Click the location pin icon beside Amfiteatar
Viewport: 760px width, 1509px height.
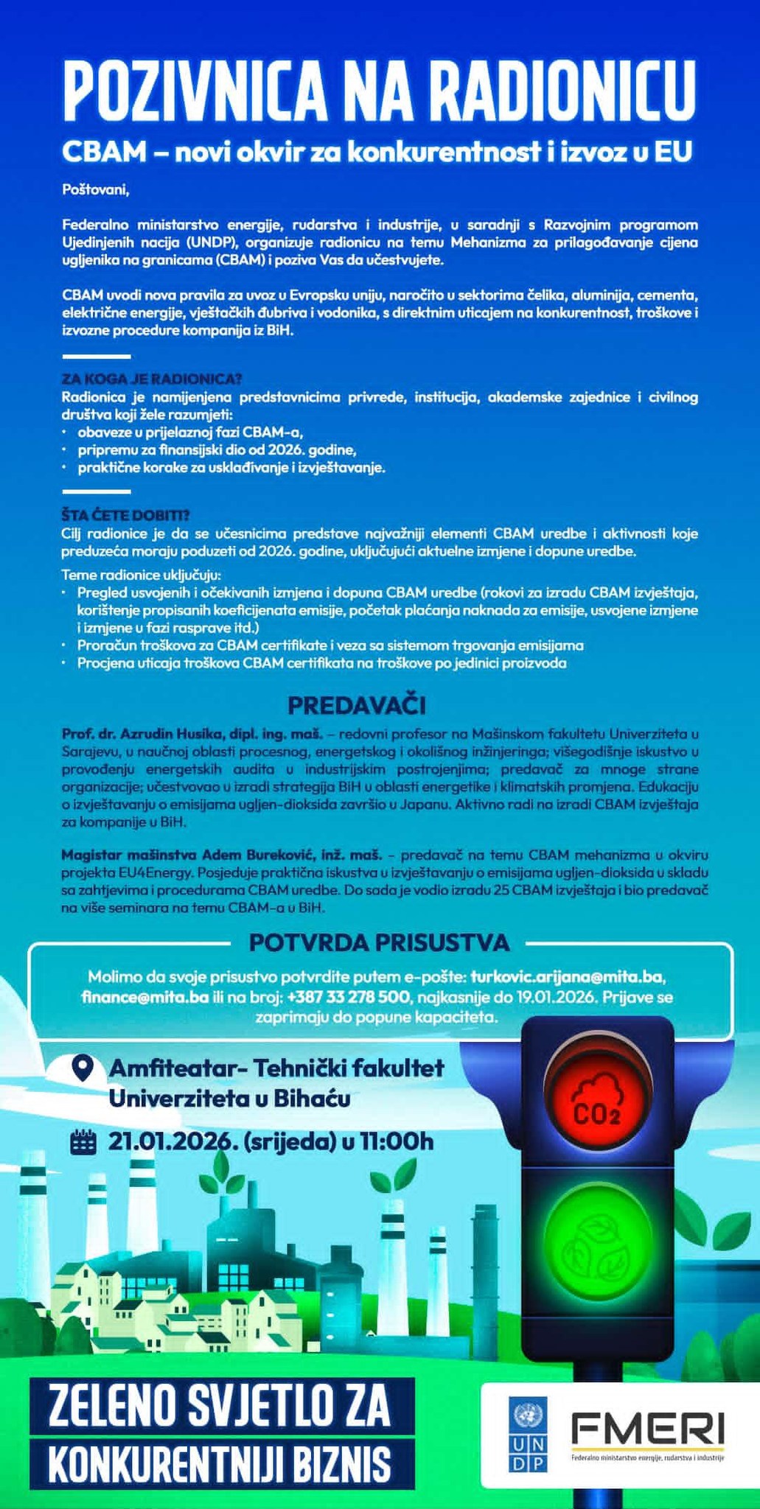pos(83,1068)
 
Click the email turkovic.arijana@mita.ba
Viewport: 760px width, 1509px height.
pos(568,977)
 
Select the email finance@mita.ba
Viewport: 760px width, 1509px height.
pos(144,998)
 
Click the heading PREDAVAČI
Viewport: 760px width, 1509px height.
pos(356,705)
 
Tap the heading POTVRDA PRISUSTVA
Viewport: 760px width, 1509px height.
pos(379,942)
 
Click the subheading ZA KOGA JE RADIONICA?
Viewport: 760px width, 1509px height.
pos(152,380)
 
